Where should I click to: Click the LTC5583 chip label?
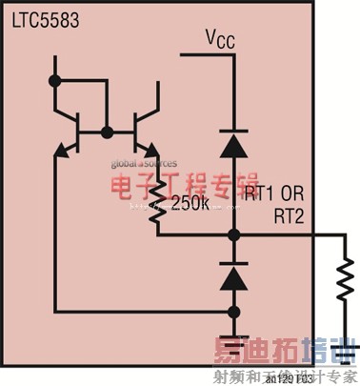pyautogui.click(x=37, y=20)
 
